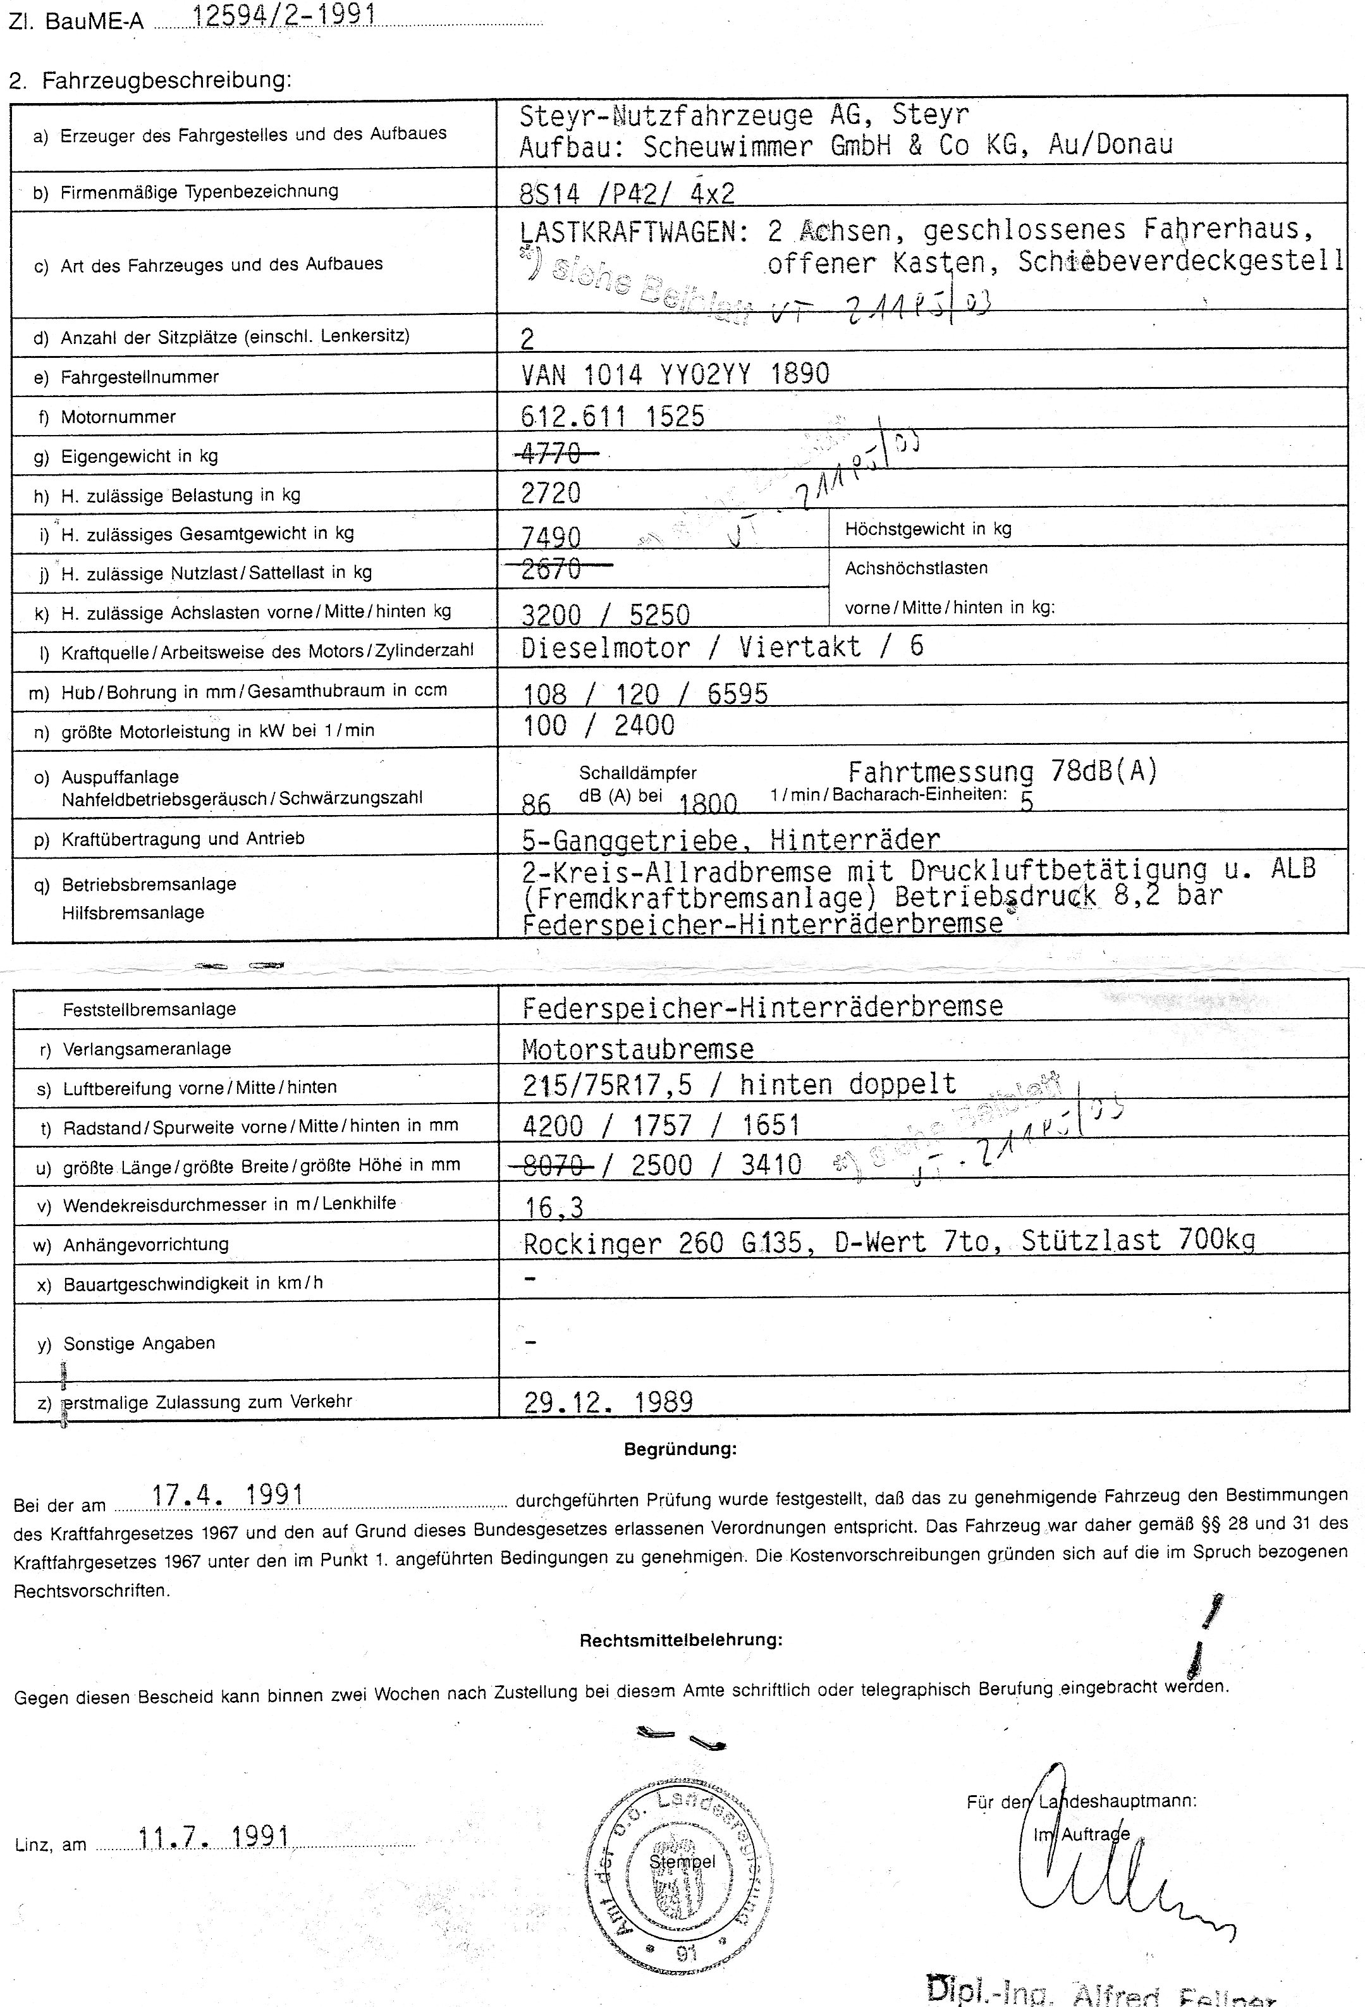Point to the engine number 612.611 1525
tap(613, 416)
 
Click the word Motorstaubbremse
tap(638, 1049)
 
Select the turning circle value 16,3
tap(554, 1206)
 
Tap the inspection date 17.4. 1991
tap(227, 1495)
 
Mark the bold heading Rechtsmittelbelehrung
tap(680, 1640)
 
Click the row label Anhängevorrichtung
tap(146, 1244)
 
